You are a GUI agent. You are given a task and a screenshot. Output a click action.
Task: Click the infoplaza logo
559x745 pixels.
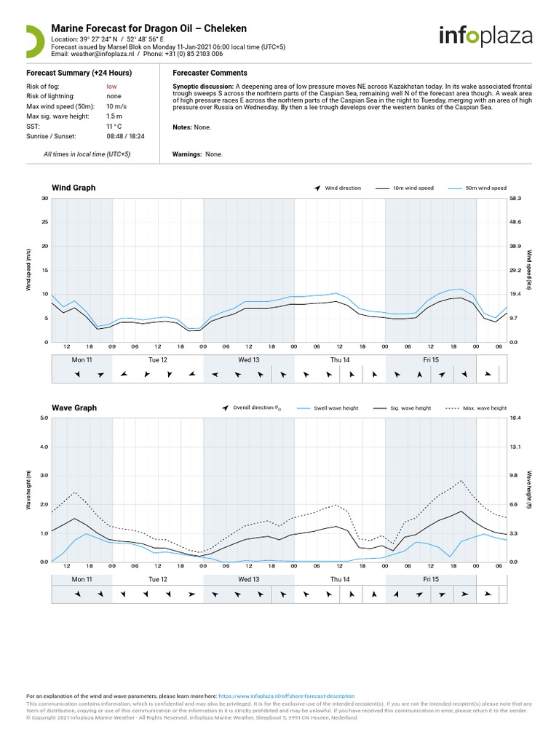click(485, 36)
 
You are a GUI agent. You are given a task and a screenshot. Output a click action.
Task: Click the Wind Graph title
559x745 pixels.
click(74, 188)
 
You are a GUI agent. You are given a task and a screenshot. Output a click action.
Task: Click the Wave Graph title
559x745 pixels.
click(74, 408)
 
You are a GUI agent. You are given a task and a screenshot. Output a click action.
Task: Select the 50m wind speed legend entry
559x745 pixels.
click(485, 188)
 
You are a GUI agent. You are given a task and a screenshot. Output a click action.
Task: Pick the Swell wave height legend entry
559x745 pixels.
click(336, 409)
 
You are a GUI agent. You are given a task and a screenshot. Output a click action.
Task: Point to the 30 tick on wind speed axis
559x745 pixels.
click(44, 199)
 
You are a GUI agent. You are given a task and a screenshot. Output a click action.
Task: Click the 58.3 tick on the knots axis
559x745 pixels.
click(515, 199)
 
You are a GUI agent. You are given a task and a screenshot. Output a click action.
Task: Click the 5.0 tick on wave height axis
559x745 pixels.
click(43, 418)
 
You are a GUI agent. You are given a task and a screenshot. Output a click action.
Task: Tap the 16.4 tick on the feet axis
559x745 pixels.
click(515, 418)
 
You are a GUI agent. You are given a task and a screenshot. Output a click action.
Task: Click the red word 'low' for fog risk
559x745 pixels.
click(111, 86)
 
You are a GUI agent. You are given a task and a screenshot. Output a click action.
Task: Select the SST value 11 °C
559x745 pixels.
click(114, 127)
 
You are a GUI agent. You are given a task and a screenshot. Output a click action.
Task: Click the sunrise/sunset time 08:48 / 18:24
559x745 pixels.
click(125, 136)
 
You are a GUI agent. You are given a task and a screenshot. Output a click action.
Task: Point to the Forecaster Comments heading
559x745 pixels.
click(210, 73)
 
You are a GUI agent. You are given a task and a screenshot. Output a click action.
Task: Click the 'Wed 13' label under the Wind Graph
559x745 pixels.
click(249, 360)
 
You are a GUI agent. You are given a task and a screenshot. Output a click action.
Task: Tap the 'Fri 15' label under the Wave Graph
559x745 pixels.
click(430, 580)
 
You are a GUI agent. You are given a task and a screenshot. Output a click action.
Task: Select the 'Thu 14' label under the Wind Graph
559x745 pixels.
click(340, 360)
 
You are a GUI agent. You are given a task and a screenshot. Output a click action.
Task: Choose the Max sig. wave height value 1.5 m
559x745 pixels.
click(114, 116)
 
